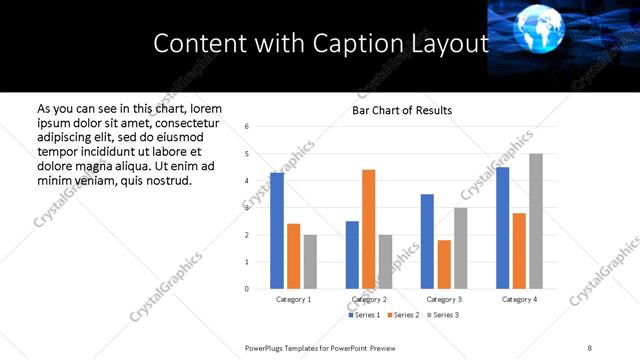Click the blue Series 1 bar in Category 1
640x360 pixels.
click(277, 231)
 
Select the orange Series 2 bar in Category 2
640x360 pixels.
click(369, 229)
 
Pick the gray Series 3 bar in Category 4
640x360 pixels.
click(536, 221)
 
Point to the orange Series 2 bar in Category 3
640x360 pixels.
click(444, 264)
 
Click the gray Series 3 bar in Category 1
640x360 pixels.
click(310, 262)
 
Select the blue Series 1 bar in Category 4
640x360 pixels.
click(503, 228)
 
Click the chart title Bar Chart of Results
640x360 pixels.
click(402, 110)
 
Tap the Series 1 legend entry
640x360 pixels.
click(365, 315)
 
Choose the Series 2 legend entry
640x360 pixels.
click(404, 315)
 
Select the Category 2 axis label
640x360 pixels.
click(369, 299)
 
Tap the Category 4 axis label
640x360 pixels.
click(519, 299)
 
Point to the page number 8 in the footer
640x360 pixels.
click(590, 346)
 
